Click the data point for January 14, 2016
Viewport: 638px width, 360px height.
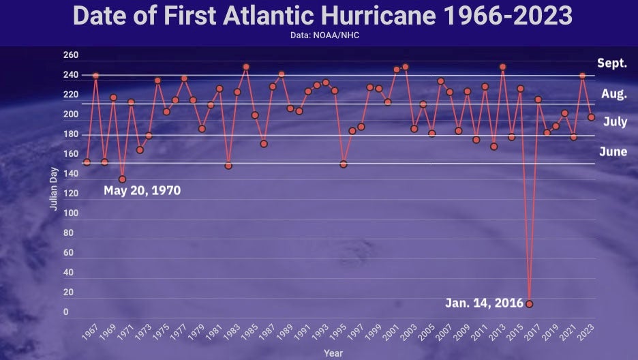pos(529,303)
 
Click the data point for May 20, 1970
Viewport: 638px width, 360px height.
pos(122,179)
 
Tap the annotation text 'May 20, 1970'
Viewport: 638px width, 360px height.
pos(142,191)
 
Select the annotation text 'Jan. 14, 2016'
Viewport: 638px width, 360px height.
pos(485,303)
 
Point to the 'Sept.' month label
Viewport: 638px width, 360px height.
pos(611,63)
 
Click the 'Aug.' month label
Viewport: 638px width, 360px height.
pos(613,94)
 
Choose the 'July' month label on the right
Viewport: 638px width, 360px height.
pos(615,123)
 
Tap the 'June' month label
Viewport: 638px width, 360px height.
pos(613,152)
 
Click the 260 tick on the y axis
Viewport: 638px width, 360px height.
pos(71,55)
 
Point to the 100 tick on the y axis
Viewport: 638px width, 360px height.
pos(71,213)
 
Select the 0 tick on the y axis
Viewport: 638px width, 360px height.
pos(65,312)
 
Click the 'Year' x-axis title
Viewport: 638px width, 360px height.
pos(333,353)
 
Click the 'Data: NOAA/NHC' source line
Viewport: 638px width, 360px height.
pos(319,35)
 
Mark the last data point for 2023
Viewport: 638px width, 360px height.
pos(591,117)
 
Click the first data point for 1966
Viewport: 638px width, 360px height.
pos(87,162)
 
